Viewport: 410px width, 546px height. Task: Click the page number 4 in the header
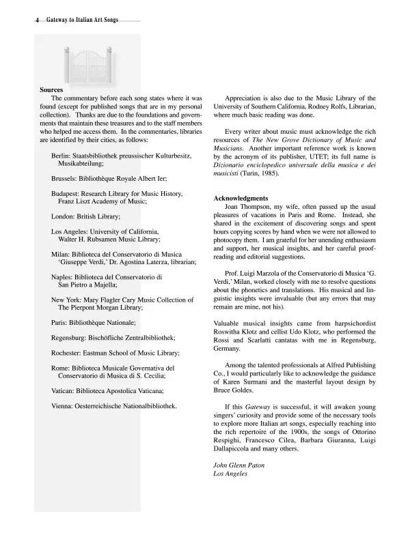pos(38,20)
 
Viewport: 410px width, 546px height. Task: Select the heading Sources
pos(51,90)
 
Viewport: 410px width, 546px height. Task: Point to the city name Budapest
pos(66,194)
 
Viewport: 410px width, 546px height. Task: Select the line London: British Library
pos(85,216)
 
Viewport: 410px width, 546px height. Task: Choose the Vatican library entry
pos(107,391)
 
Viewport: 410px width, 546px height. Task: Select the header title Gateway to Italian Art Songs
pos(82,20)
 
